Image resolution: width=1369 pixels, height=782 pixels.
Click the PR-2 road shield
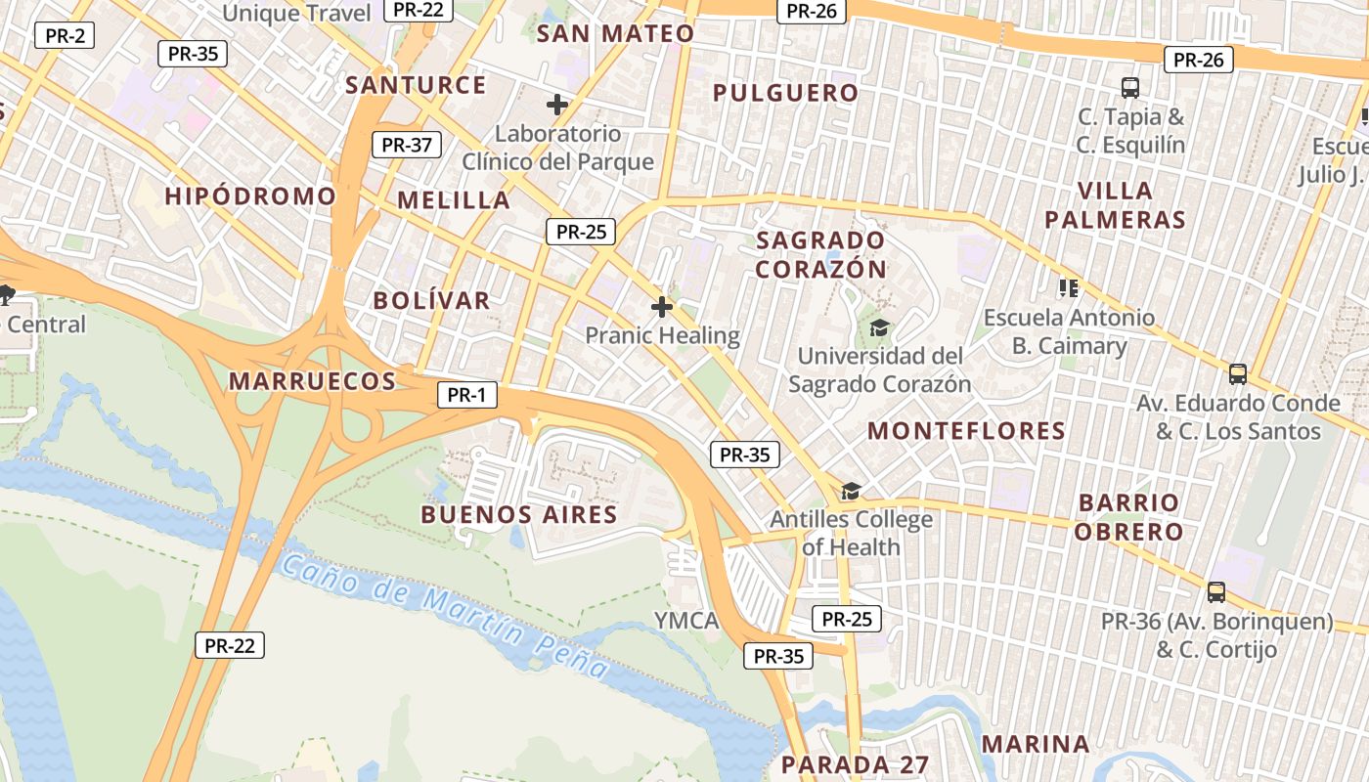tap(65, 36)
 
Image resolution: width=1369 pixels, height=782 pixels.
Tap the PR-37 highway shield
tap(406, 145)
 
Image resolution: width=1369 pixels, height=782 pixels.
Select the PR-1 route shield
tap(466, 395)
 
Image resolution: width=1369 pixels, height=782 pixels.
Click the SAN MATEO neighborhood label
tap(615, 33)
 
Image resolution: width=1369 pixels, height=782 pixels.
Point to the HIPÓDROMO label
tap(249, 195)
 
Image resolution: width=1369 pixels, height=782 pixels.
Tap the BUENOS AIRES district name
tap(518, 514)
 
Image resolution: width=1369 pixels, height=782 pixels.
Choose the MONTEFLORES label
tap(966, 430)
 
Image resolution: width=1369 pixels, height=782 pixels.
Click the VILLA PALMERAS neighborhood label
tap(1115, 204)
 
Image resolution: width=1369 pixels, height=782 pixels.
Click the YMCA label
tap(685, 621)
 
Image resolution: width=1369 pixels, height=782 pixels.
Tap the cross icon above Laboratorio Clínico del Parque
tap(557, 105)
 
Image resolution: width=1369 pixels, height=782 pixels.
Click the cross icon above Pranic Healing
tap(662, 307)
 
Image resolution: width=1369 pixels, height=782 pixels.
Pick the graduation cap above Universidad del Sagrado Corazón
tap(880, 327)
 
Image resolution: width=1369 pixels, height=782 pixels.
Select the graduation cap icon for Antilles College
tap(851, 491)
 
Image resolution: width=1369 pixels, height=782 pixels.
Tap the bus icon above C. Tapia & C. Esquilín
tap(1130, 88)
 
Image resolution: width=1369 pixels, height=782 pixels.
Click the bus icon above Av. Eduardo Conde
tap(1238, 373)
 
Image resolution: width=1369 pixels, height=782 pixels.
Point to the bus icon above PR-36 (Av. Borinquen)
tap(1216, 591)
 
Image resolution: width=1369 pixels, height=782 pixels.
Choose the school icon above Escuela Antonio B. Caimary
tap(1069, 288)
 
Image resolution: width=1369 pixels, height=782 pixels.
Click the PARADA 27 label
tap(855, 763)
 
